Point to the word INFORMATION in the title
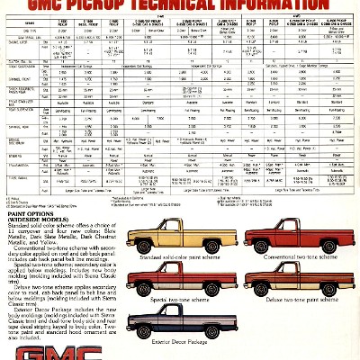(297, 8)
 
